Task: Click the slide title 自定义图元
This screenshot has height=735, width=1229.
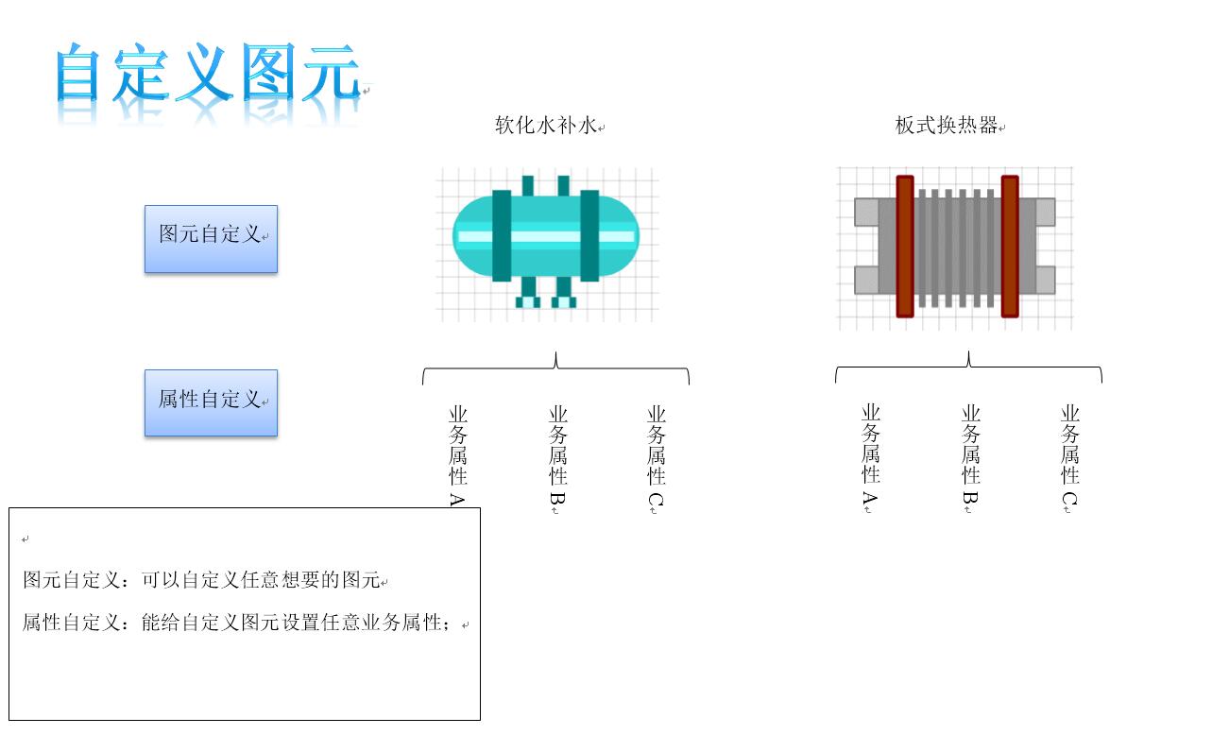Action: [x=208, y=73]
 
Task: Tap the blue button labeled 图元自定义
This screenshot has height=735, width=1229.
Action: [x=212, y=239]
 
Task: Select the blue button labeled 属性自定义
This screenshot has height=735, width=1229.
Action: [x=212, y=403]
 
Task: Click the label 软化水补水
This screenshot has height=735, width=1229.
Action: [x=545, y=125]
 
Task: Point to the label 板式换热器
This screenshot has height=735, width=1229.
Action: [x=946, y=125]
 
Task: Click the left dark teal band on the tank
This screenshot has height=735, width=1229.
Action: [x=502, y=236]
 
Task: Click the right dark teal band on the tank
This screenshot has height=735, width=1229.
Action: [x=589, y=236]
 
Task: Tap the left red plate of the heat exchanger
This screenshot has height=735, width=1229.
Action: [x=905, y=247]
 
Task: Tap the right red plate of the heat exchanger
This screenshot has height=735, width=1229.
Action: [x=1010, y=247]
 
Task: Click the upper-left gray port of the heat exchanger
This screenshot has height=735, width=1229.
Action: [x=866, y=212]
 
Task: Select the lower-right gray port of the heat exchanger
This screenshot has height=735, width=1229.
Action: [x=1045, y=280]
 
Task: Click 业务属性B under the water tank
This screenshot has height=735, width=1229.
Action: [x=557, y=458]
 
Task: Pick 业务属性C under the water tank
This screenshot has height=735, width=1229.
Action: [x=657, y=458]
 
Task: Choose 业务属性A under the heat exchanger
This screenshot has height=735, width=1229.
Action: [x=871, y=457]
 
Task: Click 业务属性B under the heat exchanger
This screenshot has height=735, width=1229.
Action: [x=970, y=457]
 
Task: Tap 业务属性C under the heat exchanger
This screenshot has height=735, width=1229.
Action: [x=1070, y=457]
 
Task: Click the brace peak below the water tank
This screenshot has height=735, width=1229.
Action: [x=555, y=353]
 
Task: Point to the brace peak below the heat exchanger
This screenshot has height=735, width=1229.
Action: [x=968, y=352]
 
